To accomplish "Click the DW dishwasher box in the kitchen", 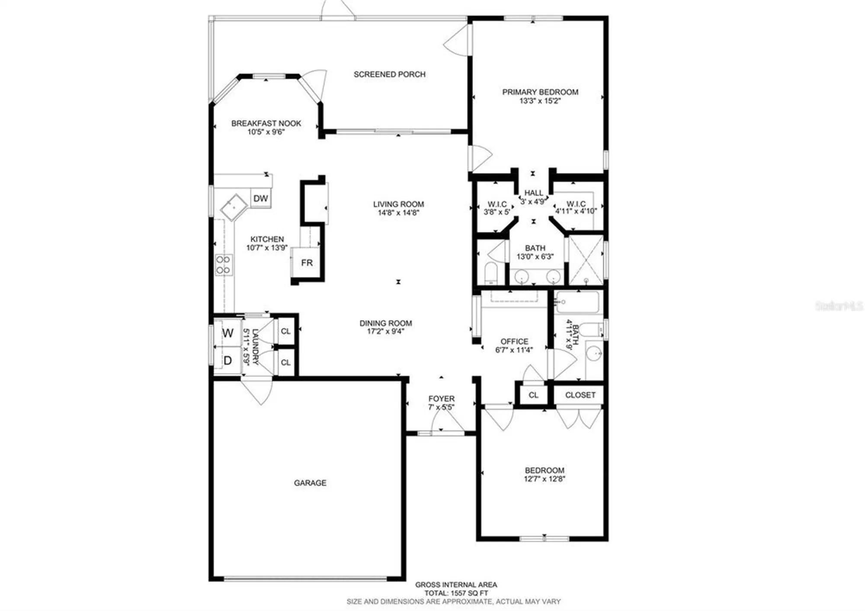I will [260, 198].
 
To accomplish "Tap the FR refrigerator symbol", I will [307, 263].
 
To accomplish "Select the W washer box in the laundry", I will [227, 332].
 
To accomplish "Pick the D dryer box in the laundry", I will [227, 360].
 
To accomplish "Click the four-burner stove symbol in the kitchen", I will [224, 265].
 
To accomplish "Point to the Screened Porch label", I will [389, 74].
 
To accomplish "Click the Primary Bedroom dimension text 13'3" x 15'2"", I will [540, 101].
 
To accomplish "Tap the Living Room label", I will [398, 204].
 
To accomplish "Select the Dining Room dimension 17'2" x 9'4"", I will [385, 331].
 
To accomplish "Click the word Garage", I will [310, 482].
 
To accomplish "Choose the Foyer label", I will [441, 399].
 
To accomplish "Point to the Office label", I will [514, 341].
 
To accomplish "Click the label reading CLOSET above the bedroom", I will [580, 395].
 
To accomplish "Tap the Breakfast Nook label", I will [266, 123].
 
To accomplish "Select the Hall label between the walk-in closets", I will [533, 193].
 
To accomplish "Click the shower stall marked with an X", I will [586, 260].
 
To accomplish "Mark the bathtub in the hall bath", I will [578, 302].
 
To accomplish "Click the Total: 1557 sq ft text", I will [456, 593].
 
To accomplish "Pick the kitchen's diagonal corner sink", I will [234, 208].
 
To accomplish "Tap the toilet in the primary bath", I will [491, 272].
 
